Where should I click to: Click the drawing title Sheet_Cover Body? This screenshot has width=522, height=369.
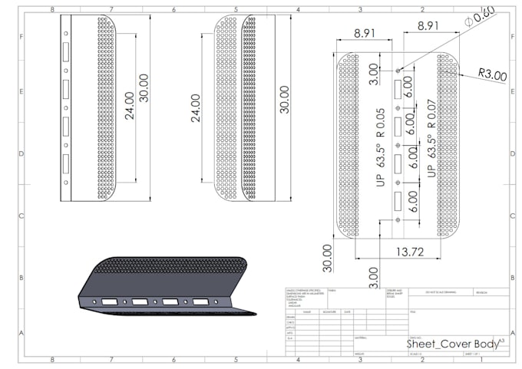[x=451, y=344]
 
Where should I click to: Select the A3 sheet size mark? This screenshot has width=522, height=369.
[x=501, y=340]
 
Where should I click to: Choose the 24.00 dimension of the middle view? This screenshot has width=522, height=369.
[x=195, y=108]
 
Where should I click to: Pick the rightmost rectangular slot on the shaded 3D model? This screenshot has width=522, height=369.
[x=200, y=302]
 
